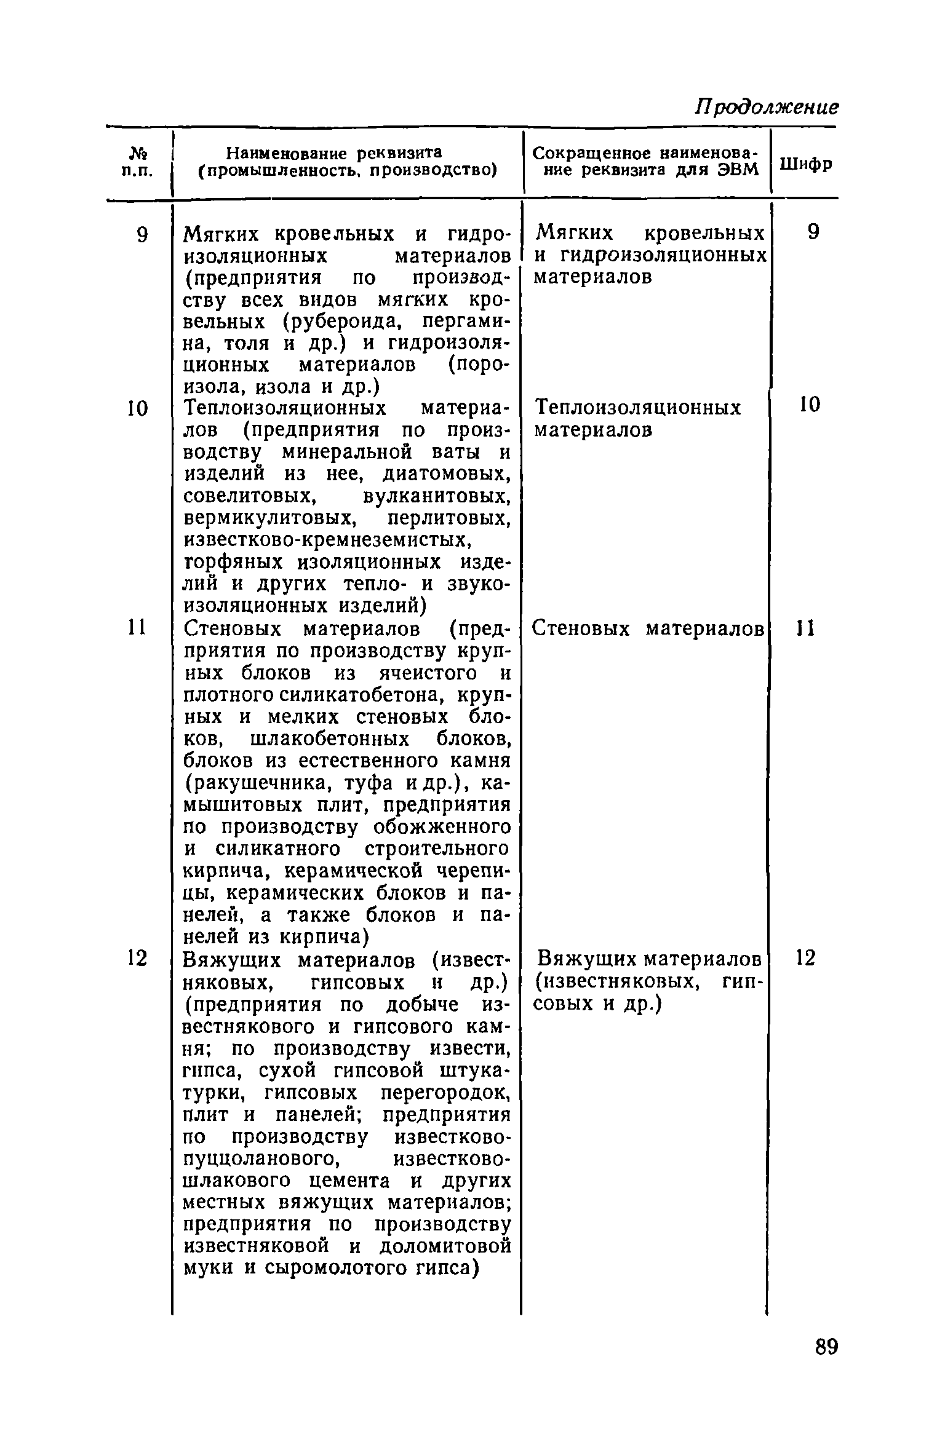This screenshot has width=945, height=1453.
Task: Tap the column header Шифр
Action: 806,164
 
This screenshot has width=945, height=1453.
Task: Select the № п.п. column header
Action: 140,162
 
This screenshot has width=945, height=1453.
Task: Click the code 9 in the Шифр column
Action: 813,232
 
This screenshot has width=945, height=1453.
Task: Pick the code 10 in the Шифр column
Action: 810,405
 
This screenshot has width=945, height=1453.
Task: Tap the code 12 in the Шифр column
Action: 806,957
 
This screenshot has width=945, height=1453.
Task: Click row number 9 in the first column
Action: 142,236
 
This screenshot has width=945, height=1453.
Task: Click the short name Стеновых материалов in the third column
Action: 648,628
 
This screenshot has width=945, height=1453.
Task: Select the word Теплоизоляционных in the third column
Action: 639,408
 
